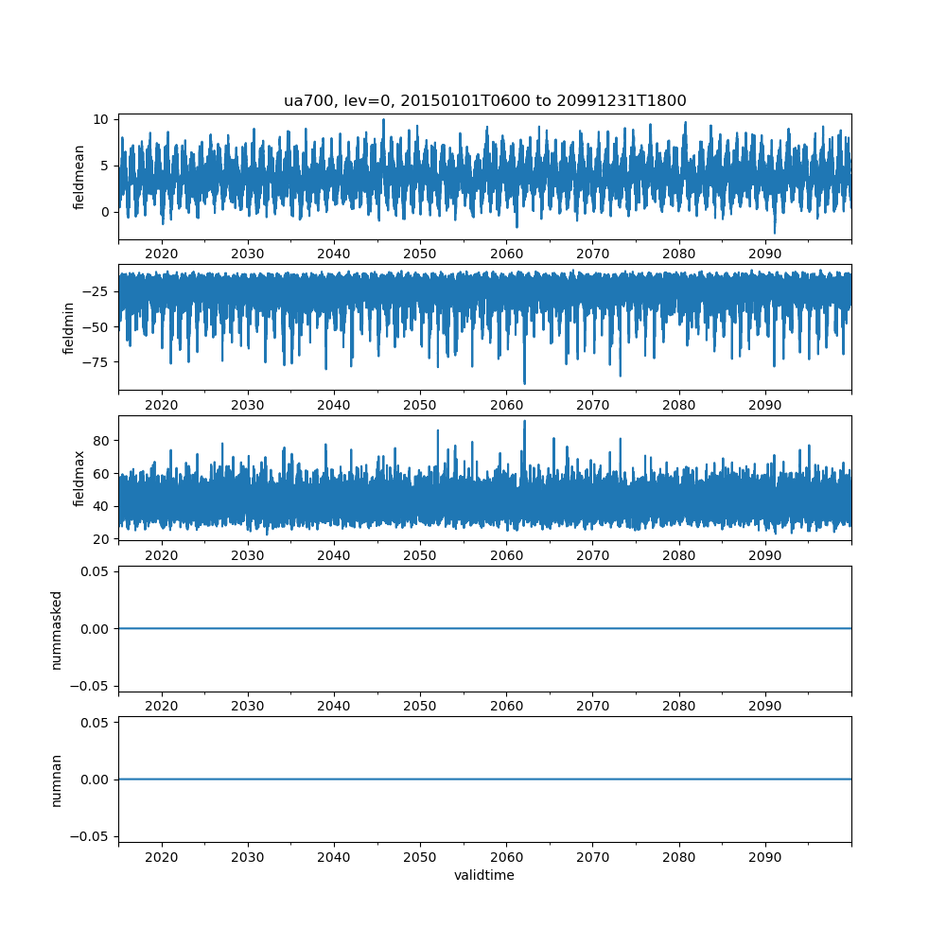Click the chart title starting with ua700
pos(484,100)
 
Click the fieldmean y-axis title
pos(79,177)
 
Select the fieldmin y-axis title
pos(68,327)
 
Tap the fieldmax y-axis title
pos(79,478)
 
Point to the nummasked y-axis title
pos(57,629)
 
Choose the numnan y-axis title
pos(57,780)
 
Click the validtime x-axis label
pos(484,876)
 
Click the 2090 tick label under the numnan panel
pos(764,857)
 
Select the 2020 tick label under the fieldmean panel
pos(162,254)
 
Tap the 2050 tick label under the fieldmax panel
pos(420,555)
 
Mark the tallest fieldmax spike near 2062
pos(524,421)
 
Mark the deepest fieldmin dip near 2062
pos(524,383)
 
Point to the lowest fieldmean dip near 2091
pos(774,233)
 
